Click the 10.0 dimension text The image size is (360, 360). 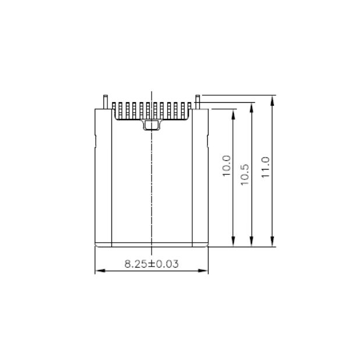226,165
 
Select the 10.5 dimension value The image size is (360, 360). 244,174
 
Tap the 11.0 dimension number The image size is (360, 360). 266,167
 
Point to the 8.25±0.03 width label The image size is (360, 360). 152,264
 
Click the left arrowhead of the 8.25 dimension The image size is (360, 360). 98,271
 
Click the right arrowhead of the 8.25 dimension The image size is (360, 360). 205,271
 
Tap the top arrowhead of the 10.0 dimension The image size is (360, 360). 233,113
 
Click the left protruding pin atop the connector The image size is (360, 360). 105,100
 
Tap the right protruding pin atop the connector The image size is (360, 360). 198,100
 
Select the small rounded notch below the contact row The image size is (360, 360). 151,124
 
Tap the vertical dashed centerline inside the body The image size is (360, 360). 152,186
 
